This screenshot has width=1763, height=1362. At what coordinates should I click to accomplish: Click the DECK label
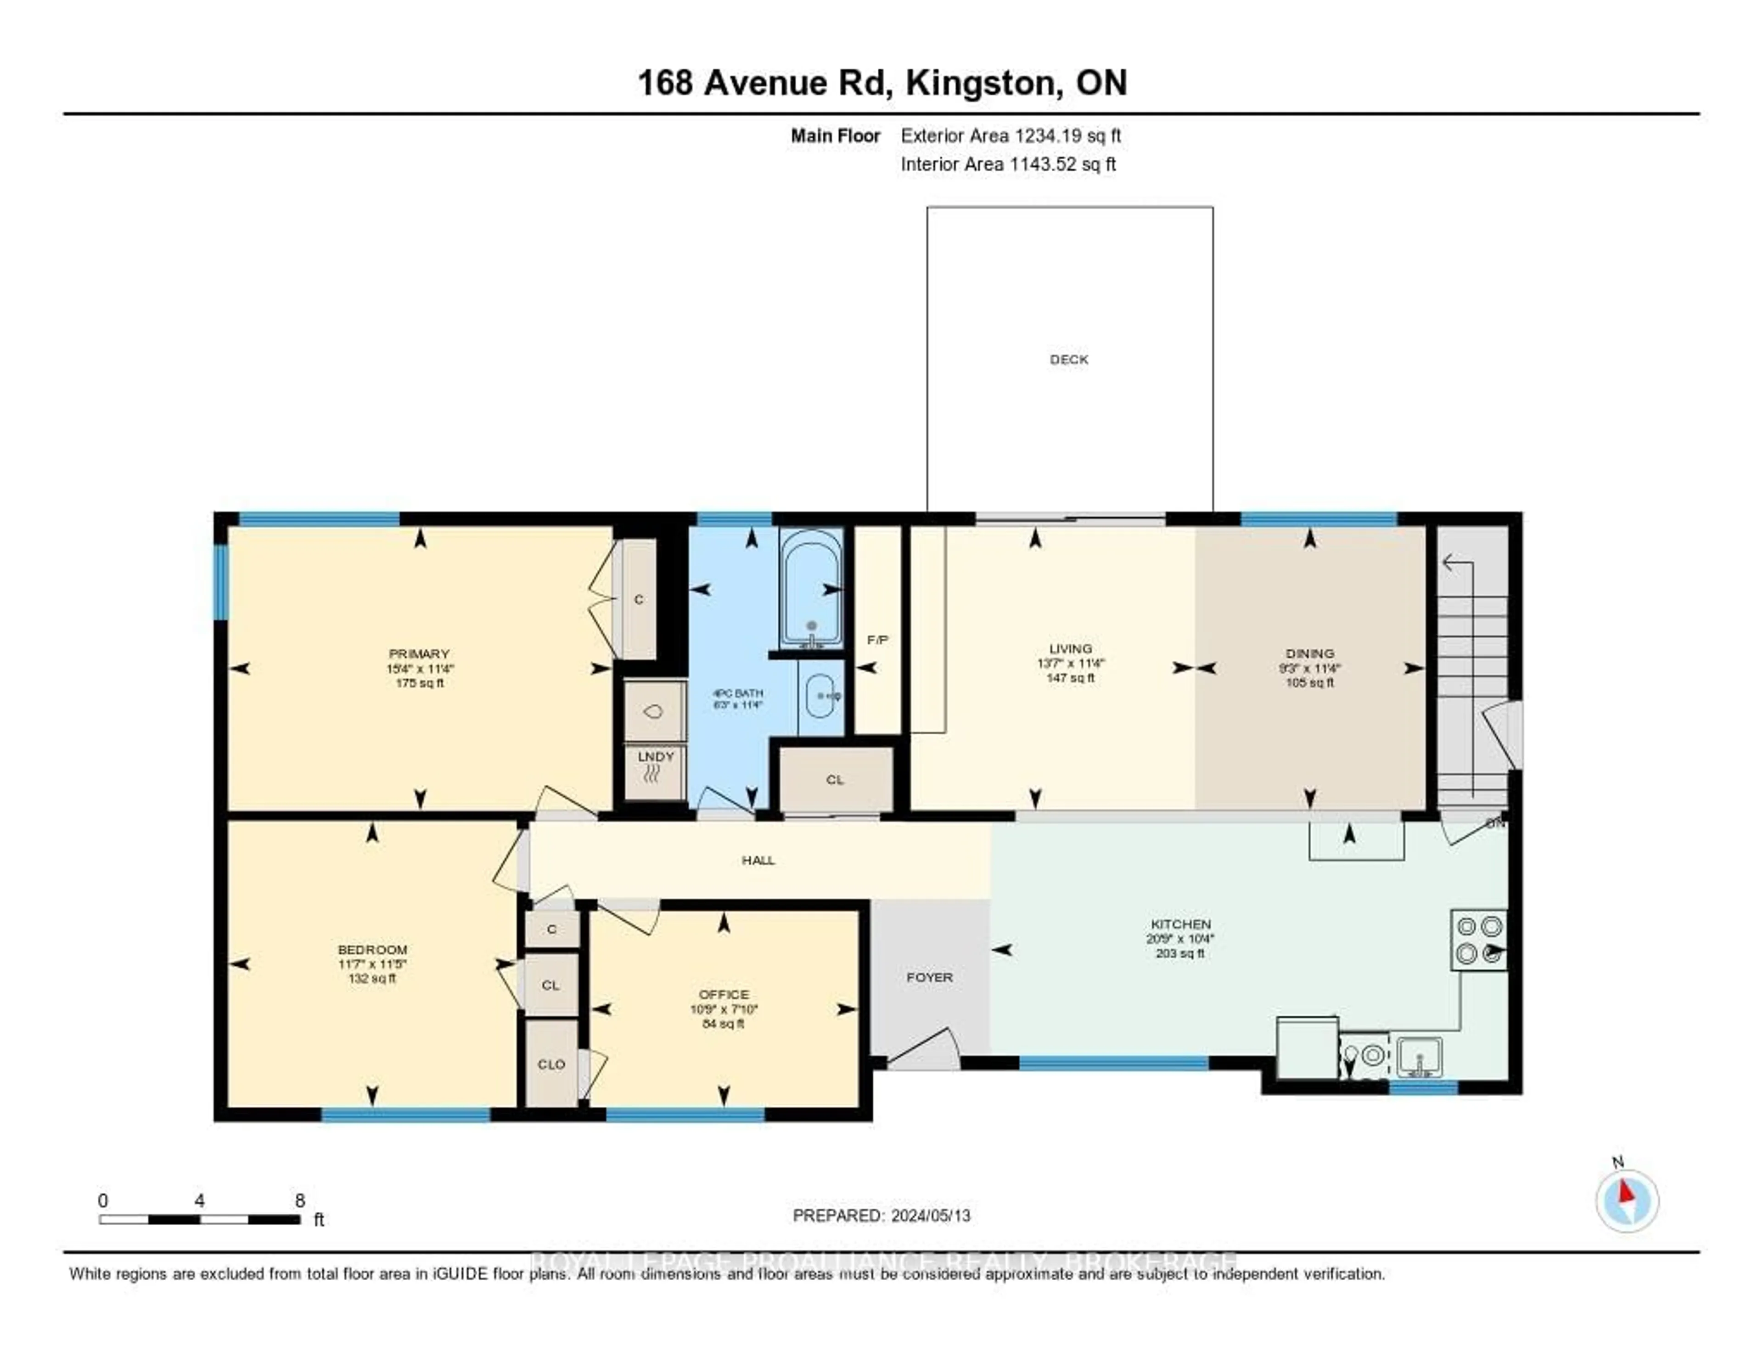(x=1069, y=359)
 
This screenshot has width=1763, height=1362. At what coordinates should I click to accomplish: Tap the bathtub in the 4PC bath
(x=811, y=588)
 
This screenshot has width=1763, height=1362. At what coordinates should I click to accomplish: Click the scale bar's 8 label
(x=299, y=1200)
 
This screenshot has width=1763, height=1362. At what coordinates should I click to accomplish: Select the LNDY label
(x=656, y=756)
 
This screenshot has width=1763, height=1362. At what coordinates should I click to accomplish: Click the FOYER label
(x=929, y=977)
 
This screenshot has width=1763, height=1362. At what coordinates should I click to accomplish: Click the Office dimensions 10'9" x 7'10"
(x=724, y=1009)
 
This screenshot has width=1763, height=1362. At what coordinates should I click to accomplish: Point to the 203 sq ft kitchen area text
(x=1180, y=953)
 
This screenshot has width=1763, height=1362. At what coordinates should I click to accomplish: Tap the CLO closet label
(x=551, y=1064)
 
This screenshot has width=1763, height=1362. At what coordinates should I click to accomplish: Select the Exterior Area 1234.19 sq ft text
(x=1011, y=135)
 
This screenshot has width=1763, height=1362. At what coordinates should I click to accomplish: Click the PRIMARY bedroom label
(x=419, y=654)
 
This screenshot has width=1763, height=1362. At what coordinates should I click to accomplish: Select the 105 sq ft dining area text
(x=1309, y=683)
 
